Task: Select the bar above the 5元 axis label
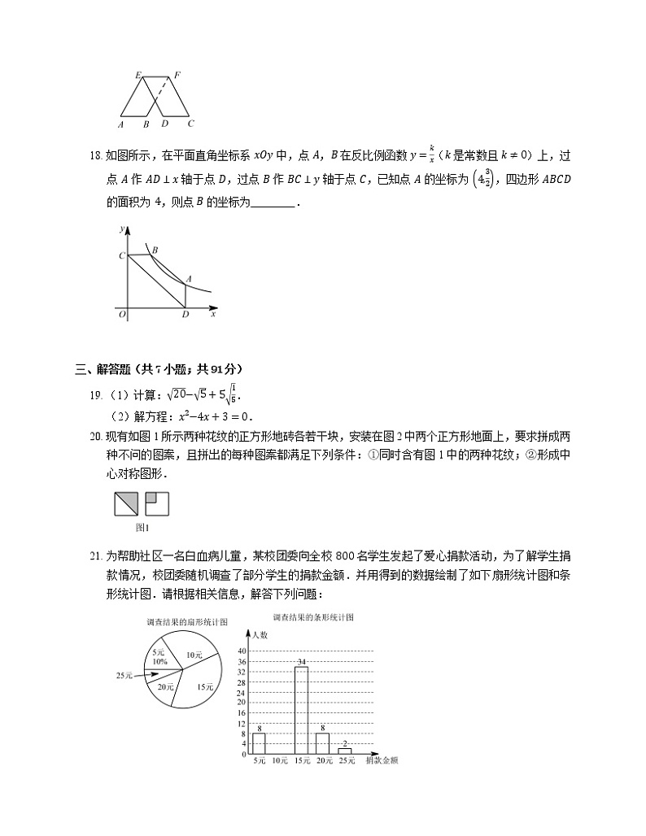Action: click(x=259, y=743)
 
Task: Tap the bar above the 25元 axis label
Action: click(x=344, y=751)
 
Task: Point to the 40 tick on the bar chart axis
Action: click(x=242, y=651)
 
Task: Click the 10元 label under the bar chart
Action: click(x=280, y=761)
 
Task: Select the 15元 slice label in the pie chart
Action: click(x=204, y=686)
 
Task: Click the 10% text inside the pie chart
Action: click(x=159, y=662)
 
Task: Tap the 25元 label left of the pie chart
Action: click(x=124, y=674)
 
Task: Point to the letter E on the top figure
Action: click(x=138, y=75)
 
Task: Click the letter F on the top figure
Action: click(x=177, y=75)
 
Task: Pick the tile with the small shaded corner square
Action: click(x=156, y=505)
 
